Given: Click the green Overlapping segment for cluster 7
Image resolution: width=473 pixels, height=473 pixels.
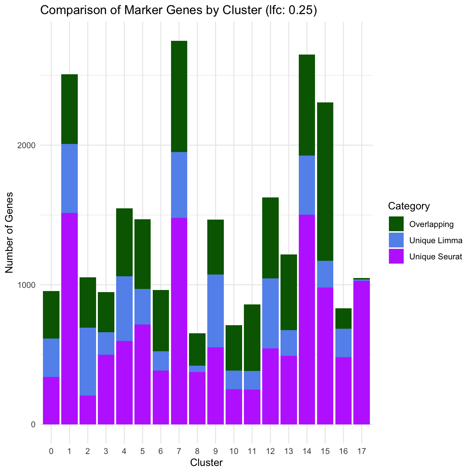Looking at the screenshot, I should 179,96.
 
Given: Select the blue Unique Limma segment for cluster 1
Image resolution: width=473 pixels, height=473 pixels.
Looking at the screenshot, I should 69,178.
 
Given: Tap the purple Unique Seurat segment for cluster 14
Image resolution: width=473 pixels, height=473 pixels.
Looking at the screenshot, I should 307,319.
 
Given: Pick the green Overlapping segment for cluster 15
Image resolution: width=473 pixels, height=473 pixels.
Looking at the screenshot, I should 325,182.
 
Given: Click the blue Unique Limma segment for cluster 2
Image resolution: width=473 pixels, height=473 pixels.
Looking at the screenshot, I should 88,361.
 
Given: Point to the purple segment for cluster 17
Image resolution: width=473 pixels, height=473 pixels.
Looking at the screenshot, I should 361,352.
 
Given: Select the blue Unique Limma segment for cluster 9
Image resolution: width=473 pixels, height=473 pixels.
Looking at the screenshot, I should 215,311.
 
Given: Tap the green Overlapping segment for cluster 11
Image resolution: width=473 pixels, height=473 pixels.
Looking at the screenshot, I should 252,338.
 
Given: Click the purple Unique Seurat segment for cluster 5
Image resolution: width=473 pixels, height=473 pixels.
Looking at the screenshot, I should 142,374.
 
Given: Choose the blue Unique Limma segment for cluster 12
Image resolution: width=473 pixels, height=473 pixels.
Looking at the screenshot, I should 270,313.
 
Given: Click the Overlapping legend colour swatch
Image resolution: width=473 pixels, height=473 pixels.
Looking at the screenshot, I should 396,224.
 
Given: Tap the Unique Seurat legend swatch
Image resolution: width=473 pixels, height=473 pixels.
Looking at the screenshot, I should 396,257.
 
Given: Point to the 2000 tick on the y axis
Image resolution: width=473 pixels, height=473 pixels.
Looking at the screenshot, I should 27,145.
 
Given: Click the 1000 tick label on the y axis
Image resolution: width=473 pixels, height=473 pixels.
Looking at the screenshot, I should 27,285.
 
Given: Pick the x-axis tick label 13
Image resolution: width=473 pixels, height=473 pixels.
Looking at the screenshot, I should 289,451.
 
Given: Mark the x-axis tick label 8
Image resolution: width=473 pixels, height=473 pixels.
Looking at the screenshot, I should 197,451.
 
